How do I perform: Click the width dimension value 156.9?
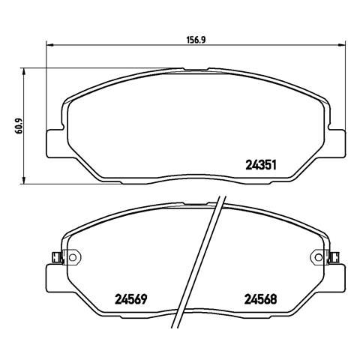(196, 40)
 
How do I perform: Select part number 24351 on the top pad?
(261, 165)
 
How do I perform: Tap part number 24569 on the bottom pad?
(130, 299)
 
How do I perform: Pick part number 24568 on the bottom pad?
(261, 299)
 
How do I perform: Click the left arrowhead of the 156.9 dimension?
(50, 45)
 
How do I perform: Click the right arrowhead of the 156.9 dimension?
(342, 45)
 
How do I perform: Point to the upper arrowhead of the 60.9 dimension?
(24, 71)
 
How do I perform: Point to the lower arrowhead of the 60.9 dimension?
(24, 181)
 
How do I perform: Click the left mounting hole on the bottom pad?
(73, 257)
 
